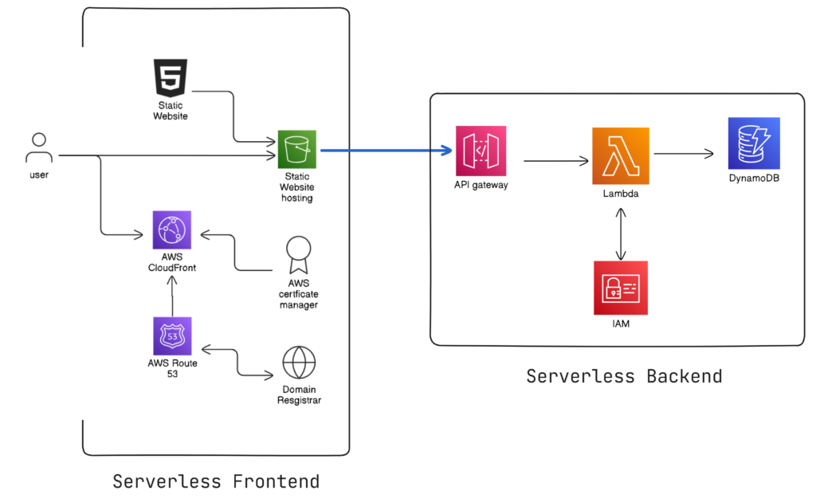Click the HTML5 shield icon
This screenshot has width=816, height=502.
click(171, 78)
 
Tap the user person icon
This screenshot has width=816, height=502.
click(38, 148)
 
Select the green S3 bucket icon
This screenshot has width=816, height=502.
click(296, 149)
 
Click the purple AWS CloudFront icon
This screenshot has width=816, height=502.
click(172, 230)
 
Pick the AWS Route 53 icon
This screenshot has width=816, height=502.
click(172, 336)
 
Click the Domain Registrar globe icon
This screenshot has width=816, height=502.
click(298, 362)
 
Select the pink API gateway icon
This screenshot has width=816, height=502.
click(481, 151)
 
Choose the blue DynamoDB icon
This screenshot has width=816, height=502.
click(753, 143)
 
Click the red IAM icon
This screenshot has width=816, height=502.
click(620, 288)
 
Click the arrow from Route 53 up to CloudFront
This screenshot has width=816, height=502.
click(172, 294)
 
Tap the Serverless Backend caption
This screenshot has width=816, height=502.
click(624, 376)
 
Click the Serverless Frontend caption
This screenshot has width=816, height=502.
click(216, 481)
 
